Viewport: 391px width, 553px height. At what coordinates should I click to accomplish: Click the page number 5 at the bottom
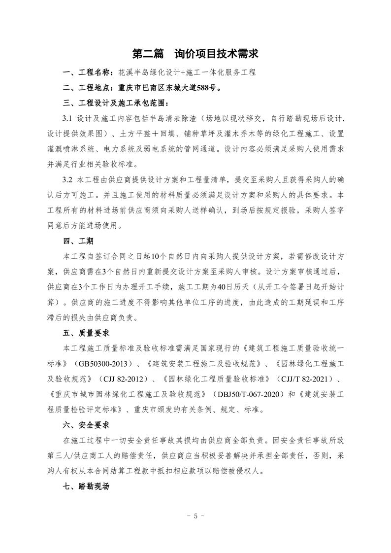pyautogui.click(x=195, y=517)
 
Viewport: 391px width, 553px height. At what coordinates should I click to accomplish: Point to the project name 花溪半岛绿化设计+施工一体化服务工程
pyautogui.click(x=187, y=72)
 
